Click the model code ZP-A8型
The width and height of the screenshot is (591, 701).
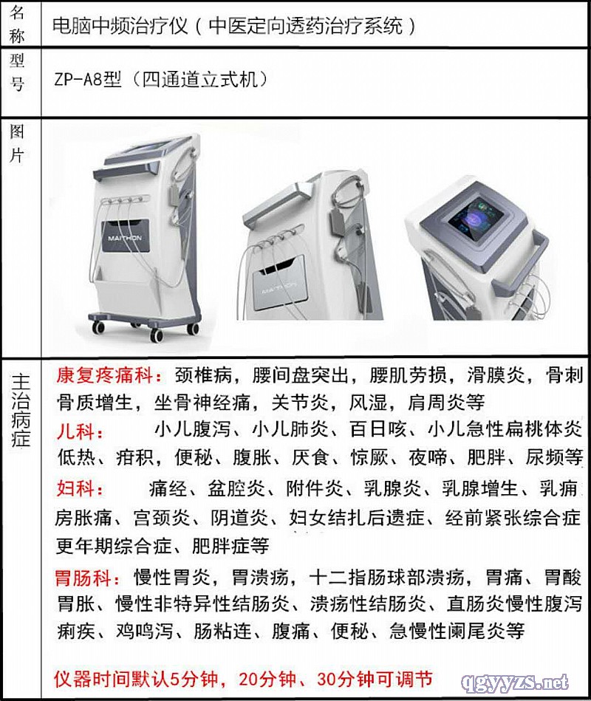(88, 80)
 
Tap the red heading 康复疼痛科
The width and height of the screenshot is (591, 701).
(105, 375)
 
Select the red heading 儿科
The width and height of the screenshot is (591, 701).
(75, 432)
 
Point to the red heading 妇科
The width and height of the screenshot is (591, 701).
(75, 488)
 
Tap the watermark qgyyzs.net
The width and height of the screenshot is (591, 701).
(514, 683)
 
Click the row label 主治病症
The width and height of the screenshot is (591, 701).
(21, 410)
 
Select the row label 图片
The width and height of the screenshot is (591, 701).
(17, 143)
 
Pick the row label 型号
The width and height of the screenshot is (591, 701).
(17, 72)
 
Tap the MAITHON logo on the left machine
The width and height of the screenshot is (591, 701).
(125, 239)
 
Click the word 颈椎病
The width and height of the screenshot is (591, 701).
(203, 375)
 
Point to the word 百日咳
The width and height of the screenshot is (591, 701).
(378, 429)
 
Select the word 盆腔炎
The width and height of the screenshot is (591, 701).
(236, 488)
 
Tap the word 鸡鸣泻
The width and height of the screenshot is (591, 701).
(144, 632)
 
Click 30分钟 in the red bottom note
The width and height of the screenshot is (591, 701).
(346, 679)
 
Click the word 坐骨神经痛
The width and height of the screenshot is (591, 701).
(202, 403)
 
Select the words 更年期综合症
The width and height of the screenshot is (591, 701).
(114, 545)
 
